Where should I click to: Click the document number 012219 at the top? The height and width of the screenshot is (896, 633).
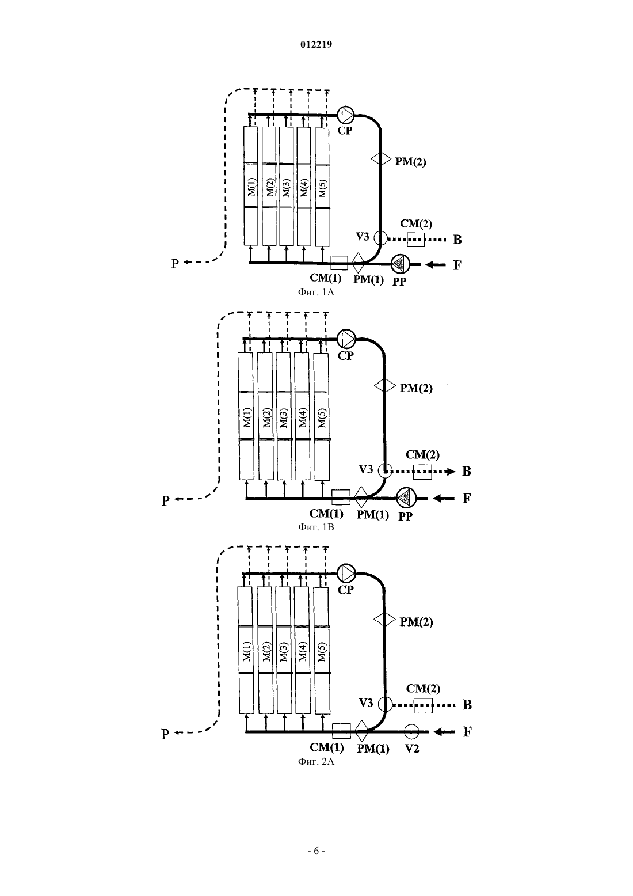click(x=316, y=44)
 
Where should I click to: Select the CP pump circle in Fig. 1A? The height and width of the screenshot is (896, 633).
click(x=346, y=115)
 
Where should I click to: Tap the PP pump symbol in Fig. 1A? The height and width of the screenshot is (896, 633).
click(x=399, y=264)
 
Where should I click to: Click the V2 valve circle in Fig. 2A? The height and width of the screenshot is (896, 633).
click(x=411, y=732)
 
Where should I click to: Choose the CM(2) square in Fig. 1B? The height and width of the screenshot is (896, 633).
click(x=422, y=472)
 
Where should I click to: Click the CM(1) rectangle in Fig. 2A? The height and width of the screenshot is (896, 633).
click(x=342, y=731)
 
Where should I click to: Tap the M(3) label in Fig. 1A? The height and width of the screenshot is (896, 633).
click(x=286, y=187)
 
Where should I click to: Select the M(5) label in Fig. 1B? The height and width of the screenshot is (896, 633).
click(x=322, y=417)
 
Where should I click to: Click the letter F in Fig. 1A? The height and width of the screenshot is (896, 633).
click(x=457, y=265)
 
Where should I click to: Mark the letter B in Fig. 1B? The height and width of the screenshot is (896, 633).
click(x=466, y=471)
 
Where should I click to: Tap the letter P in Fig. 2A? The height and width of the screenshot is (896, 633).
click(x=165, y=734)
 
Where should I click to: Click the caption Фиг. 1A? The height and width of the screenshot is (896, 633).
click(x=316, y=293)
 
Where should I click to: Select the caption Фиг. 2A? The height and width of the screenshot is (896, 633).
click(x=316, y=761)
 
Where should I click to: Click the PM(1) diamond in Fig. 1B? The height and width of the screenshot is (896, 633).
click(x=361, y=497)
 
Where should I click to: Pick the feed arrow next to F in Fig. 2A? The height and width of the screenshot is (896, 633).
click(x=444, y=732)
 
